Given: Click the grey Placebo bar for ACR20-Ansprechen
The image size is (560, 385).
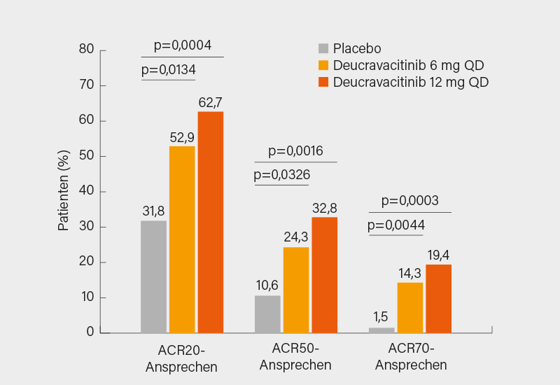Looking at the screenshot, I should (x=153, y=276).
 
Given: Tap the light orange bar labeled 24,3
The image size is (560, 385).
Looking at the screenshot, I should (x=296, y=290).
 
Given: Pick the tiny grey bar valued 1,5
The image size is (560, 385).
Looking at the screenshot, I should (x=381, y=330).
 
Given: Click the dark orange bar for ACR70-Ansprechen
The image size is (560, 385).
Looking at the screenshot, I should (x=438, y=298).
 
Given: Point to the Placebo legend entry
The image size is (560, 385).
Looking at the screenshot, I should (x=350, y=48).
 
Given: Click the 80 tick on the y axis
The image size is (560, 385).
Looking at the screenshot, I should (x=86, y=50).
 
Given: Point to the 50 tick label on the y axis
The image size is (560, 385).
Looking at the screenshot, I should (x=86, y=156).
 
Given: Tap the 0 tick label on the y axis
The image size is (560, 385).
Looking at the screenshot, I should (x=90, y=332).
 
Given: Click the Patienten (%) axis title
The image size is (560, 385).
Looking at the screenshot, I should (x=64, y=191).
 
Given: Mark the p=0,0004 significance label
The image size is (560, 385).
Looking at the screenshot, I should (x=182, y=45).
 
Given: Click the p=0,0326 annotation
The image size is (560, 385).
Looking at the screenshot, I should (x=281, y=174).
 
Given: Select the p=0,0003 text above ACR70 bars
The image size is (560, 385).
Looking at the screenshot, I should (x=409, y=201).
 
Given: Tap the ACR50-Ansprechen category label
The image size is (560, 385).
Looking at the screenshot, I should (x=295, y=357).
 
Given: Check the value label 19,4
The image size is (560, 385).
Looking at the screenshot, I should (x=438, y=254).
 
